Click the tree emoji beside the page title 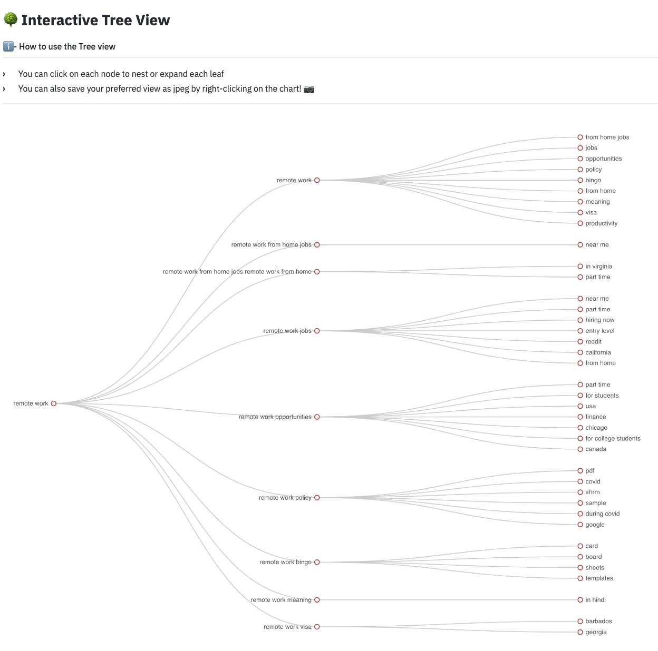pyautogui.click(x=11, y=20)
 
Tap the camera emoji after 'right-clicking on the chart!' pyautogui.click(x=309, y=89)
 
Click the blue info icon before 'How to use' pyautogui.click(x=8, y=46)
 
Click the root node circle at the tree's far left pyautogui.click(x=54, y=403)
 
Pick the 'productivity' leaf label pyautogui.click(x=601, y=223)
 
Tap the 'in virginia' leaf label pyautogui.click(x=598, y=267)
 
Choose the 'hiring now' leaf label pyautogui.click(x=599, y=320)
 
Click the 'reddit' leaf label pyautogui.click(x=593, y=342)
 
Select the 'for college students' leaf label pyautogui.click(x=613, y=439)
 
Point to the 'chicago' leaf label pyautogui.click(x=596, y=428)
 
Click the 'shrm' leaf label pyautogui.click(x=592, y=492)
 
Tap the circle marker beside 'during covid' pyautogui.click(x=580, y=514)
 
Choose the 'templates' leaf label pyautogui.click(x=599, y=578)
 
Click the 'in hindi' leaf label pyautogui.click(x=595, y=600)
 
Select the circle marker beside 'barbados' pyautogui.click(x=580, y=622)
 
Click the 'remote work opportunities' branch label pyautogui.click(x=275, y=417)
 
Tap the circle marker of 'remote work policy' pyautogui.click(x=317, y=498)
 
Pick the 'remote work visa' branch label pyautogui.click(x=287, y=627)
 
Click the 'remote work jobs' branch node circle pyautogui.click(x=317, y=331)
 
